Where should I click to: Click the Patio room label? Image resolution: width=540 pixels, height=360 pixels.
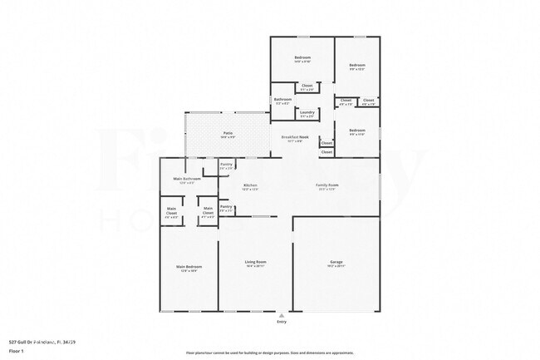227,132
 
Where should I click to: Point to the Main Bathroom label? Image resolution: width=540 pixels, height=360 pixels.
188,179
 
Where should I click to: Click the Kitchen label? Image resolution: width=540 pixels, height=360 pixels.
250,185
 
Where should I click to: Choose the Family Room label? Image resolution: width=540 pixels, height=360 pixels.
326,185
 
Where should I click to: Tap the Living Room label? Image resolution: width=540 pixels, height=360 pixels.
255,262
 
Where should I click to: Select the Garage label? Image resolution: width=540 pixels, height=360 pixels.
336,262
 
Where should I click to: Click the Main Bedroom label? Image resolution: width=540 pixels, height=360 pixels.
189,266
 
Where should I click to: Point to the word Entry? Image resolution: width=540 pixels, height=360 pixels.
281,322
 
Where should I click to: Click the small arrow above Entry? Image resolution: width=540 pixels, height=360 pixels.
281,315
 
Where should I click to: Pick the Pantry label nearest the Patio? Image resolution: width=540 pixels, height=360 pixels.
226,165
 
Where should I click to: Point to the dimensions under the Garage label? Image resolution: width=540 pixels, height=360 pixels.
336,267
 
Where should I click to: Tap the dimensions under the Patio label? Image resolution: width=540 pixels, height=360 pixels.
227,137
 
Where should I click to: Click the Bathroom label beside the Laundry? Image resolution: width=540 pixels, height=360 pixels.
282,99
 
